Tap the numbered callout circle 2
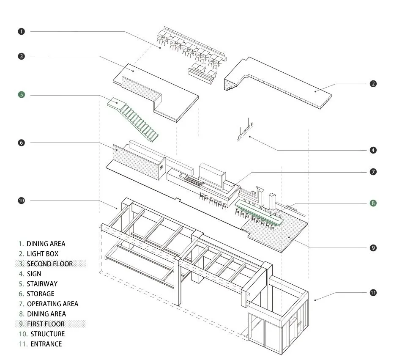coord(373,84)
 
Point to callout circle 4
coord(373,150)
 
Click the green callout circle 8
coord(373,203)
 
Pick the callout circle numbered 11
coord(373,292)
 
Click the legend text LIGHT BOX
coord(42,254)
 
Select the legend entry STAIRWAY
coord(42,284)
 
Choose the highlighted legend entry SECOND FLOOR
coord(49,264)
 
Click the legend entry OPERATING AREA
coord(52,304)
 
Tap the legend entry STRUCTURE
coord(47,334)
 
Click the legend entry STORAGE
coord(41,294)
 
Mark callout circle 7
coord(373,172)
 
